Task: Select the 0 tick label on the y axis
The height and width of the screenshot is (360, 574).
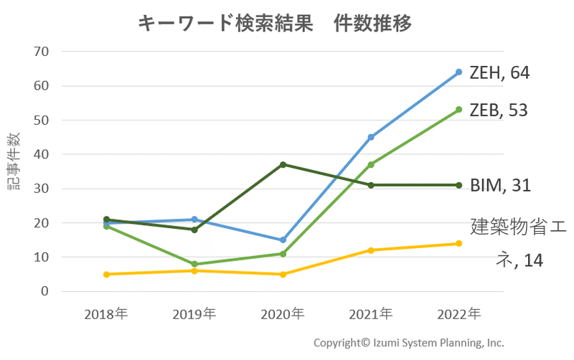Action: tap(44, 292)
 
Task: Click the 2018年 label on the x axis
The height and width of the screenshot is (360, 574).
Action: tap(106, 314)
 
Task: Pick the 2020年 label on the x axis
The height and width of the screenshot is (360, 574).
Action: tap(283, 314)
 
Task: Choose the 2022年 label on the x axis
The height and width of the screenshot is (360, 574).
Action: tap(459, 314)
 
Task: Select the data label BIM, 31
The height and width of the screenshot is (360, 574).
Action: tap(501, 185)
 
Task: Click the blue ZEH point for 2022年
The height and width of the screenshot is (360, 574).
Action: tap(458, 72)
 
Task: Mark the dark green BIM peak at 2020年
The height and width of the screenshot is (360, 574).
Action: tap(283, 165)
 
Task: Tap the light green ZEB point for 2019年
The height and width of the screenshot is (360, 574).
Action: tap(194, 264)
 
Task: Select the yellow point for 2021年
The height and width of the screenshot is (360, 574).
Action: tap(371, 250)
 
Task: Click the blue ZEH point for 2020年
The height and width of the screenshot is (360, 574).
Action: tap(283, 240)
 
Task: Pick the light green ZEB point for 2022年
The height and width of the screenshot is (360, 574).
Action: tap(458, 110)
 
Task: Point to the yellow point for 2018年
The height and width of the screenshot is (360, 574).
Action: tap(106, 274)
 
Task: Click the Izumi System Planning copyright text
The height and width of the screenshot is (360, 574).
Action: tap(409, 343)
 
